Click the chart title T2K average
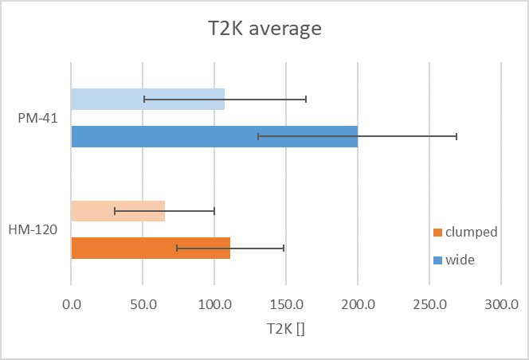264,30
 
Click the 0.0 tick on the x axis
71,303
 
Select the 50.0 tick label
143,303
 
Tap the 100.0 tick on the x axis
214,303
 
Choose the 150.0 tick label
286,303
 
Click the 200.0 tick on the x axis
358,303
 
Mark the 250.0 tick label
429,303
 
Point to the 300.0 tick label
501,303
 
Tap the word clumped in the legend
472,233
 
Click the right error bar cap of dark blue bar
457,136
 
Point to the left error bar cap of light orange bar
115,211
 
